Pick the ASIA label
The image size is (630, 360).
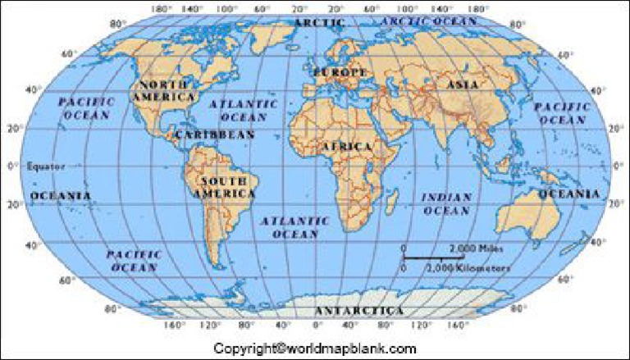point(462,84)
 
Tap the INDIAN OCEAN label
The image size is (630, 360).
point(446,203)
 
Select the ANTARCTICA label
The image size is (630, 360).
point(359,311)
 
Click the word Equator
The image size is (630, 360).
point(46,166)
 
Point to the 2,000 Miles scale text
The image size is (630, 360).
point(476,248)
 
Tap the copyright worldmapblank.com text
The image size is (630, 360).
point(315,348)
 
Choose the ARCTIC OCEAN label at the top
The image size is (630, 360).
point(422,20)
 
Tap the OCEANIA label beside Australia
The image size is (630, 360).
point(568,194)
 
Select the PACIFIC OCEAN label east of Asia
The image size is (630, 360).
point(562,113)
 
